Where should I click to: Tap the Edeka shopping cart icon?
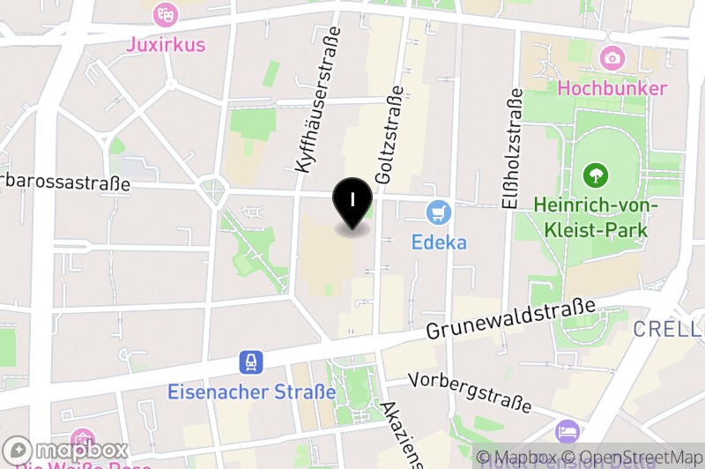pos(439,212)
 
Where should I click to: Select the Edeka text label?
pos(439,242)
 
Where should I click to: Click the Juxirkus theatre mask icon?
pos(165,14)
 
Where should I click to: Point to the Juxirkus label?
pos(165,43)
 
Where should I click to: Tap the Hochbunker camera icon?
pos(612,59)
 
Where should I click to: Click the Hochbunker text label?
pos(612,88)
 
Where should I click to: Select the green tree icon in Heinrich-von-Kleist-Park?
pos(596,175)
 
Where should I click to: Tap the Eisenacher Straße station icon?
pos(252,362)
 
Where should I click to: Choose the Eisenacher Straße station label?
pos(252,391)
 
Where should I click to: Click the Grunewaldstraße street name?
pos(510,320)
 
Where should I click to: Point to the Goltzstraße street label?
pos(389,135)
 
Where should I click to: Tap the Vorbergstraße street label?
pos(471,390)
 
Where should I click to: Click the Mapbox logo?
pos(66,450)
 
